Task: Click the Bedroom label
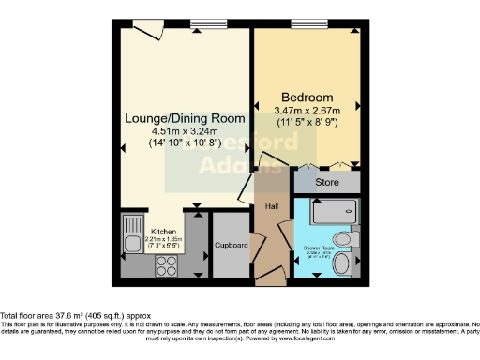pos(307,97)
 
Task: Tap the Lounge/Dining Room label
pos(187,119)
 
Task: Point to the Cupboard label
pos(231,245)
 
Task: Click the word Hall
pos(271,206)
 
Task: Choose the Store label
pos(327,182)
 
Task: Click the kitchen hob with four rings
pos(166,262)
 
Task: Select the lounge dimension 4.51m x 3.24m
pos(187,132)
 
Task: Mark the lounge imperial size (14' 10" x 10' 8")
pos(187,145)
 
